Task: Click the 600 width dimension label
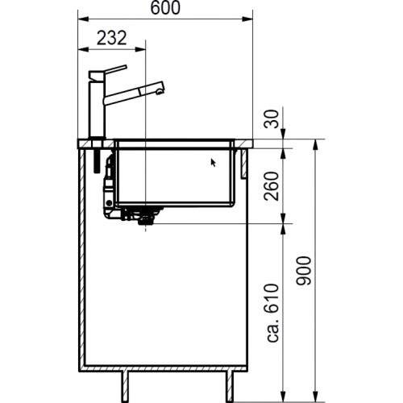pyautogui.click(x=164, y=9)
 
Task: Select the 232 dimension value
pyautogui.click(x=111, y=38)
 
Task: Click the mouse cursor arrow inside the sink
pyautogui.click(x=214, y=162)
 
